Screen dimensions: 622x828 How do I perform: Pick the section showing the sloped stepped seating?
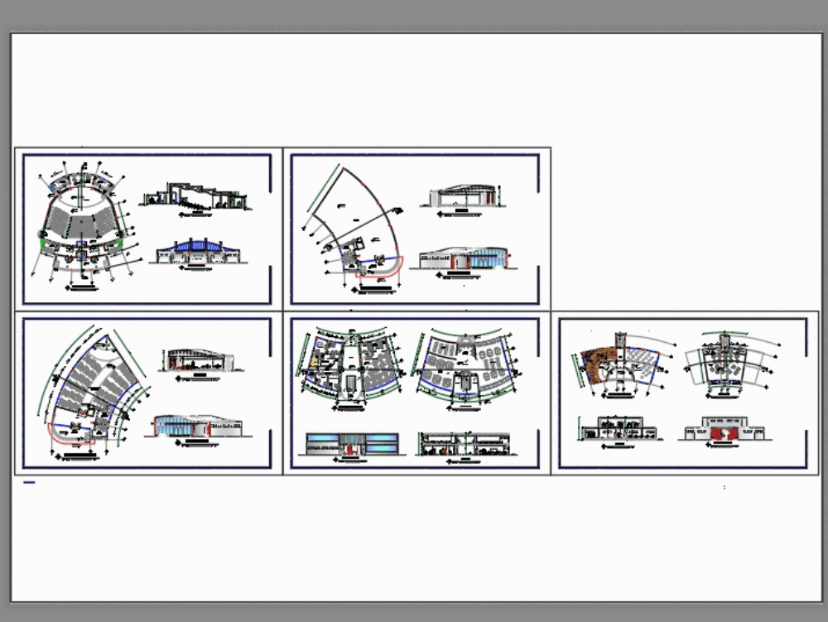tap(197, 196)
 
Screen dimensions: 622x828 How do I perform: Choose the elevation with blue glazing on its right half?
tap(464, 259)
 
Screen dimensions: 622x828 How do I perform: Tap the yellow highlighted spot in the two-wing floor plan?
tap(315, 361)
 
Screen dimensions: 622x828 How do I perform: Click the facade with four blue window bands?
tap(352, 444)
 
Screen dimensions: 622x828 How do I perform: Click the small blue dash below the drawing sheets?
tap(29, 482)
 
